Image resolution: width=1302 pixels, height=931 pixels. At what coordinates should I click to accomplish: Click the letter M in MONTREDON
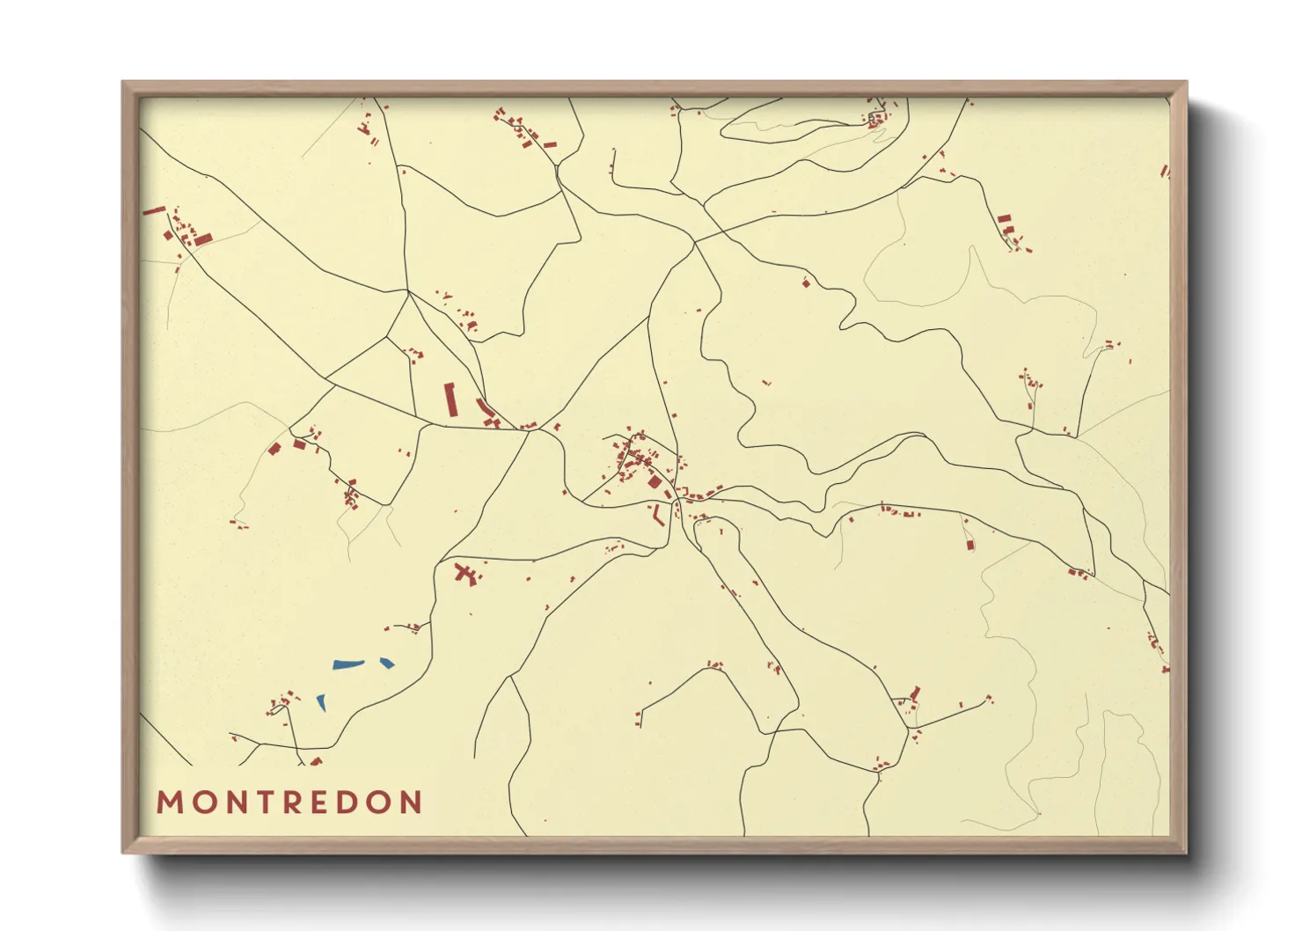169,803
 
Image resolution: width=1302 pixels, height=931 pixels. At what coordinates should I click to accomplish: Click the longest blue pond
348,664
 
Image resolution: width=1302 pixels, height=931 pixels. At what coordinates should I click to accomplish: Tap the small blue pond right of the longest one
387,663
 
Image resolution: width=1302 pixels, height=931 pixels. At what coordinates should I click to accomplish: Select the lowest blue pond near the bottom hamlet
321,703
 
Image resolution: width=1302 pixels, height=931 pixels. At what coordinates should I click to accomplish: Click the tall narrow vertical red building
451,400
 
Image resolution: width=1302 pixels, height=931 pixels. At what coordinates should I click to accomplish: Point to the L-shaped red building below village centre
656,516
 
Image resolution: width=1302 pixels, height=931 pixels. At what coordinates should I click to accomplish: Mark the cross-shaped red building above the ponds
466,575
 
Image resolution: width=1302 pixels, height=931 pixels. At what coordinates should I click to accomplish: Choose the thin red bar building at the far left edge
154,210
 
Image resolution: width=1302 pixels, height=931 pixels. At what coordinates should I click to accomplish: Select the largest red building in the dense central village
654,480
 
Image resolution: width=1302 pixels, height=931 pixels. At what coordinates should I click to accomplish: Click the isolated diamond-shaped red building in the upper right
805,282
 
